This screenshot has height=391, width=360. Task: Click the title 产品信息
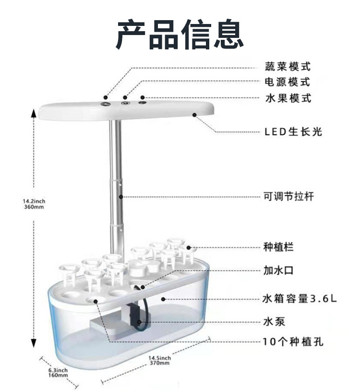(180, 35)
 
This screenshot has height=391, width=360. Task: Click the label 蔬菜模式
(288, 66)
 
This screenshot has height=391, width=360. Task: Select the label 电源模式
(288, 82)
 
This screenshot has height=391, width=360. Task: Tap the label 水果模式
(288, 98)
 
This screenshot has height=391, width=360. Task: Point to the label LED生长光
(293, 131)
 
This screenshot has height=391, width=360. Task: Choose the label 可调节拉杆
(288, 196)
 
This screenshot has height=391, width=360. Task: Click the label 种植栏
(278, 247)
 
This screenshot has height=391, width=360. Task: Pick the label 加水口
(278, 270)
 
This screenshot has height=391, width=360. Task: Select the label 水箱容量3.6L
(300, 298)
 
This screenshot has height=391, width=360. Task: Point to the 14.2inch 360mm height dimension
(34, 204)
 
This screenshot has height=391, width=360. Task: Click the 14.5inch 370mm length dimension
(159, 360)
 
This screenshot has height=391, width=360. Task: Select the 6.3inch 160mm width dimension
(58, 372)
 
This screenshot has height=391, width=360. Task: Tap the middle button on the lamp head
(124, 102)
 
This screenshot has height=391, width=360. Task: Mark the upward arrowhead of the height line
(34, 113)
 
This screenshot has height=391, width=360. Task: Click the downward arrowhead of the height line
(34, 343)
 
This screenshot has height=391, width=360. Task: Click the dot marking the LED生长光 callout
(195, 114)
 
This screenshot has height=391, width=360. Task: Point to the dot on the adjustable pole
(121, 196)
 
